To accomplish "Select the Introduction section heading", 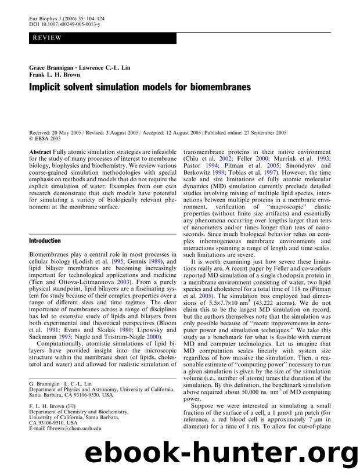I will (45, 240).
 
